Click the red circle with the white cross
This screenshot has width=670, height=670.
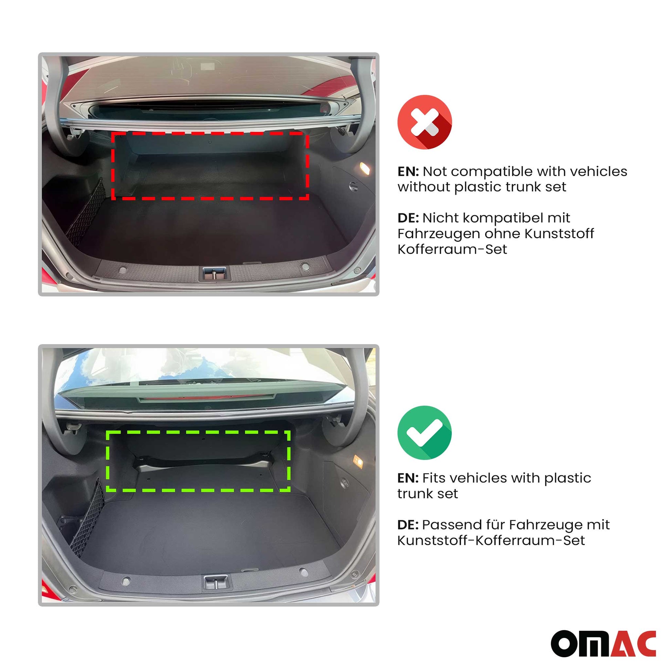(425, 122)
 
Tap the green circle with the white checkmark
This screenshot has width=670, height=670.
(425, 432)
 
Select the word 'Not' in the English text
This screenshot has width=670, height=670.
(435, 171)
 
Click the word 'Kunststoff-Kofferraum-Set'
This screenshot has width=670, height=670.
(491, 540)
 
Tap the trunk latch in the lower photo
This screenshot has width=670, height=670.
(216, 582)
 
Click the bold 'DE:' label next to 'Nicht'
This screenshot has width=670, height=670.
(408, 218)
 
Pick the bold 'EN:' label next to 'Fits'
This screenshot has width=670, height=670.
(408, 478)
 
